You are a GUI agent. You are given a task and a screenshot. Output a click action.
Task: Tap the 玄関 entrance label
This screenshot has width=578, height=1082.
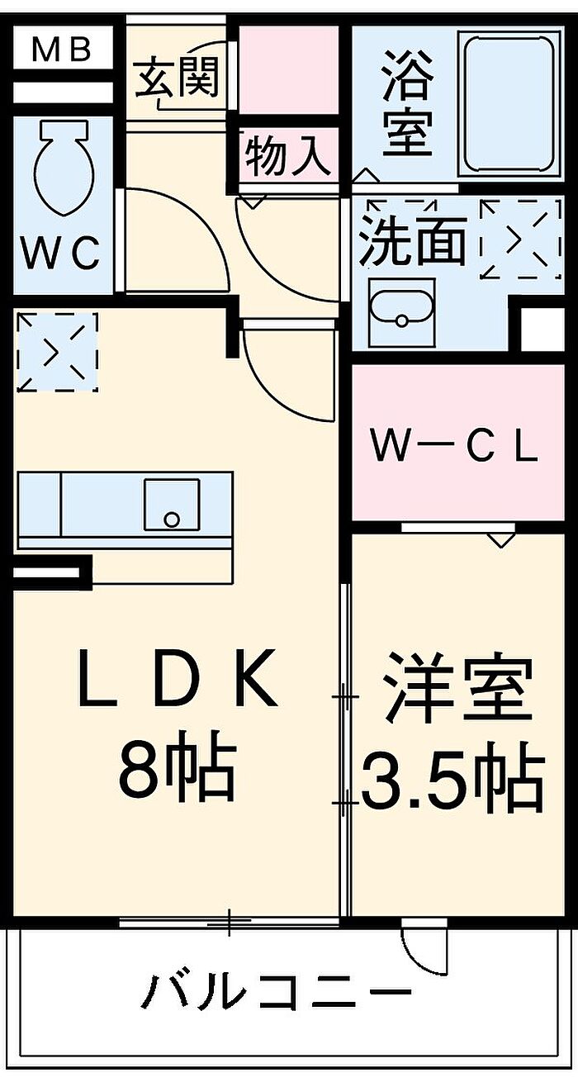178,78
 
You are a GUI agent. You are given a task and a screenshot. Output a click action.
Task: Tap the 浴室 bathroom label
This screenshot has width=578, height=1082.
407,104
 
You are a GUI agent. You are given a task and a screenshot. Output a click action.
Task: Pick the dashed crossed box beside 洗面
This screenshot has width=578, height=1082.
521,240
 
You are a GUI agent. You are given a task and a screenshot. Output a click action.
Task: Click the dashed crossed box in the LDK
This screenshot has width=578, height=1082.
57,352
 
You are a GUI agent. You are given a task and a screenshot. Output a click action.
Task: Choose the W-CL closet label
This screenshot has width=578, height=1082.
453,448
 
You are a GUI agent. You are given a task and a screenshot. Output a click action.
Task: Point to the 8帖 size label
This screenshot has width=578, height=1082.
178,768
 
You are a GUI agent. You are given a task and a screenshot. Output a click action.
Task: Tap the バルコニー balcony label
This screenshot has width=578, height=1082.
277,989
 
